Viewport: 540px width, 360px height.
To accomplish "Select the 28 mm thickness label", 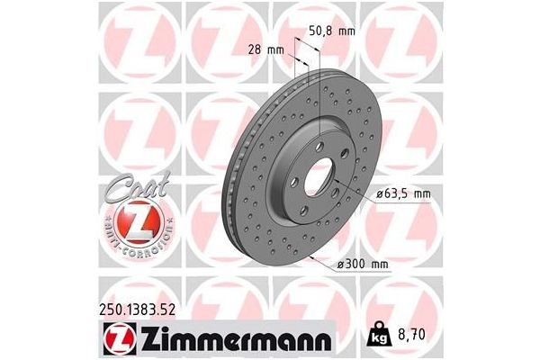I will (x=261, y=51).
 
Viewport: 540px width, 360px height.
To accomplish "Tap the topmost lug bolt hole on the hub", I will (x=323, y=138).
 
